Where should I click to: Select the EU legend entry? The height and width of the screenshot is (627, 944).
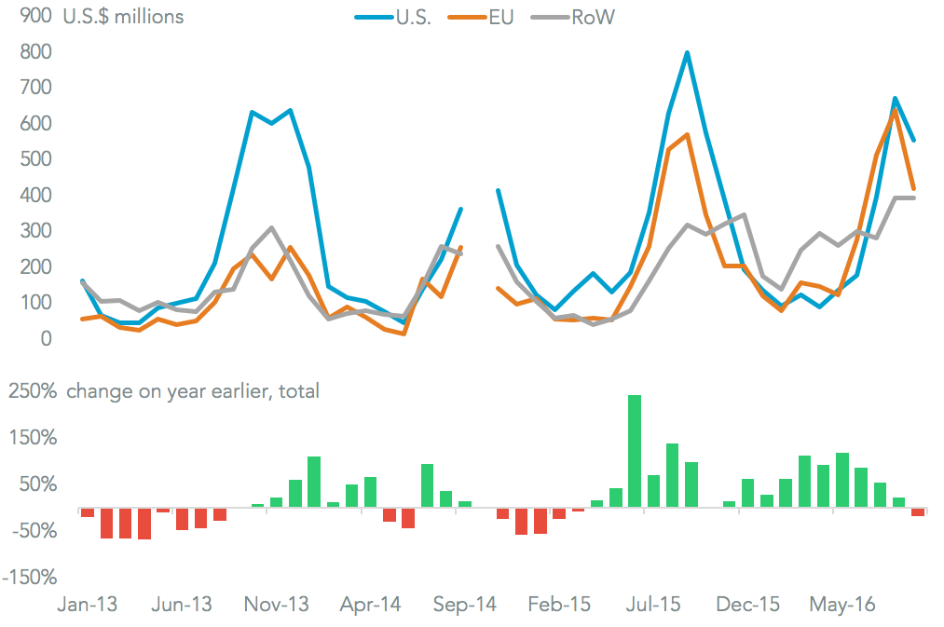pyautogui.click(x=492, y=17)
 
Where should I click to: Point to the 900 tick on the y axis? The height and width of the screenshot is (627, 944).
pyautogui.click(x=33, y=16)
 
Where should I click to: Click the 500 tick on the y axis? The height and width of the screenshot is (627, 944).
pyautogui.click(x=33, y=159)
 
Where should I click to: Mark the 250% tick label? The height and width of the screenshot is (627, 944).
pyautogui.click(x=33, y=391)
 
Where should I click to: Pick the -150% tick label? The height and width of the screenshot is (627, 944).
pyautogui.click(x=31, y=578)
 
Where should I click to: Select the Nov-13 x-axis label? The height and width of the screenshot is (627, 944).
pyautogui.click(x=277, y=605)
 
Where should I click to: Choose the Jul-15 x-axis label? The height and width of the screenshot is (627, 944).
pyautogui.click(x=652, y=605)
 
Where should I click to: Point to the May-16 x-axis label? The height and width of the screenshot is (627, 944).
pyautogui.click(x=841, y=605)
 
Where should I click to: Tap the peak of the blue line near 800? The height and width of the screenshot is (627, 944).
pyautogui.click(x=687, y=53)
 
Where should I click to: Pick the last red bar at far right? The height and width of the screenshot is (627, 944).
pyautogui.click(x=918, y=512)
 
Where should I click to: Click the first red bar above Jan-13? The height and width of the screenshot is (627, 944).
pyautogui.click(x=88, y=512)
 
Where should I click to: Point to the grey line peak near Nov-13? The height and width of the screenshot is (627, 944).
pyautogui.click(x=271, y=227)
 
